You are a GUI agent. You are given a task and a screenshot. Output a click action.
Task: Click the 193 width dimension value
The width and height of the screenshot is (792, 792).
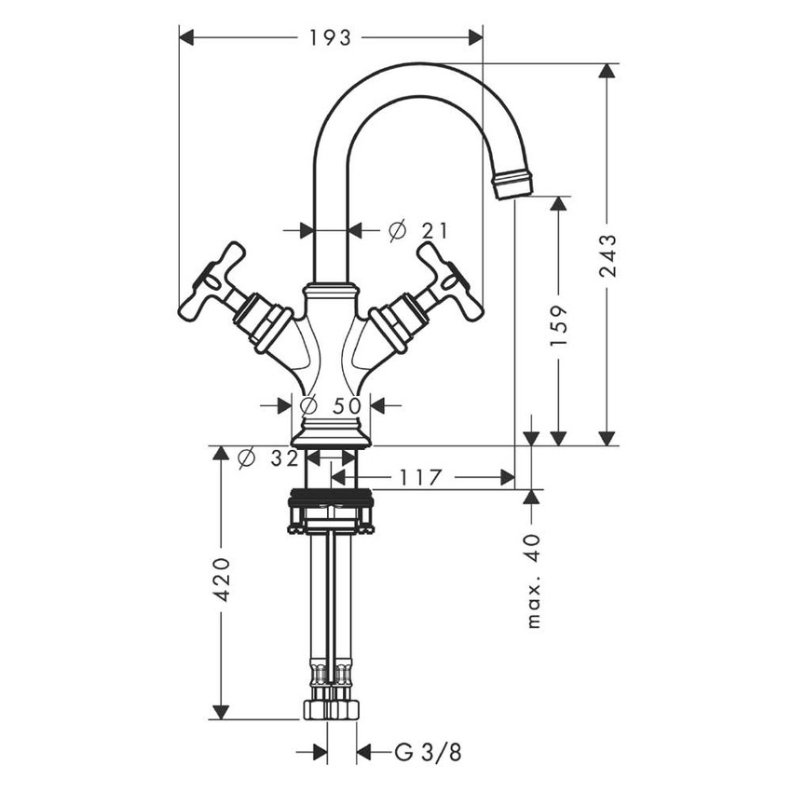pos(330,37)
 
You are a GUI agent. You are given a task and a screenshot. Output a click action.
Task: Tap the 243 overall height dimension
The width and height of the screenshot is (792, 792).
pos(608,255)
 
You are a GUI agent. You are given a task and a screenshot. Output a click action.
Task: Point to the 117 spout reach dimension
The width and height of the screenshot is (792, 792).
pos(420,478)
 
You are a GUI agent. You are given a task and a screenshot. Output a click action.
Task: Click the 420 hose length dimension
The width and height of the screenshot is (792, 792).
pos(221,580)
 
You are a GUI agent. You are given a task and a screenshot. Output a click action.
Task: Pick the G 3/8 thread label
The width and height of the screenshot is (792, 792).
pos(428,752)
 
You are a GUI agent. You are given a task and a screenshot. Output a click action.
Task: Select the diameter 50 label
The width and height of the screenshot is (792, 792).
pos(333,405)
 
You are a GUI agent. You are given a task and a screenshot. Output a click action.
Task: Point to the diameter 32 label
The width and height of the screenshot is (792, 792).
pos(267,458)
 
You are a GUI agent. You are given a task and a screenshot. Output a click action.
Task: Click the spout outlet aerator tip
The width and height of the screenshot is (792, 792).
pos(512,183)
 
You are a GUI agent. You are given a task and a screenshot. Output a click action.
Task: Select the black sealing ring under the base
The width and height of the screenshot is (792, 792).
pos(331,496)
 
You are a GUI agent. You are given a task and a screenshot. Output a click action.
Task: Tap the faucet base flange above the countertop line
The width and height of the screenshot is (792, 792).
pos(331,435)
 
